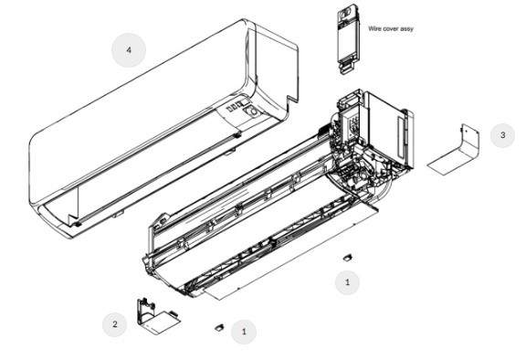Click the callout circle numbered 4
tap(129, 50)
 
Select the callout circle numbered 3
tap(502, 135)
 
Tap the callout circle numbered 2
tap(115, 324)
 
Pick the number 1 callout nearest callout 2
tap(244, 332)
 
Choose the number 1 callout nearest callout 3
tap(348, 282)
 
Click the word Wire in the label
tap(374, 29)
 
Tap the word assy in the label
tap(406, 29)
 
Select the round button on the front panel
tap(251, 111)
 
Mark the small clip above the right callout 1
tap(347, 258)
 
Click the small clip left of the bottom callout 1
tap(220, 327)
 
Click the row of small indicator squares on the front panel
tap(234, 107)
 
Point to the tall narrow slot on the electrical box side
tap(402, 138)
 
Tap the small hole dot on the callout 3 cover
tap(466, 131)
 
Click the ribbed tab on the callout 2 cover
tap(173, 313)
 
